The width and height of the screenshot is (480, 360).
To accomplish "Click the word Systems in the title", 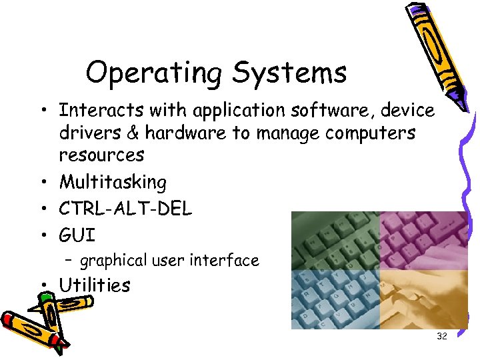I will click(x=289, y=73).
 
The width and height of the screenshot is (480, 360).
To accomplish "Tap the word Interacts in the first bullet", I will click(x=103, y=110).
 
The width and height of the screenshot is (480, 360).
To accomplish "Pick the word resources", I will click(x=101, y=155).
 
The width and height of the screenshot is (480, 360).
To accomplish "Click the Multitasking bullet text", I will click(x=113, y=182).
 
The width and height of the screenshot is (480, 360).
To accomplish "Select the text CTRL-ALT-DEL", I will click(x=125, y=209).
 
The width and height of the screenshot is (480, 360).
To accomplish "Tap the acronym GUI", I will click(x=77, y=235).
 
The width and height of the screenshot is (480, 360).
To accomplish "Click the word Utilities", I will click(x=94, y=285).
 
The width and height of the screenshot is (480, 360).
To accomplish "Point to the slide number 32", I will click(x=441, y=337).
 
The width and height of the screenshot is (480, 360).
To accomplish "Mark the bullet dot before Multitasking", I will click(x=42, y=183).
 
